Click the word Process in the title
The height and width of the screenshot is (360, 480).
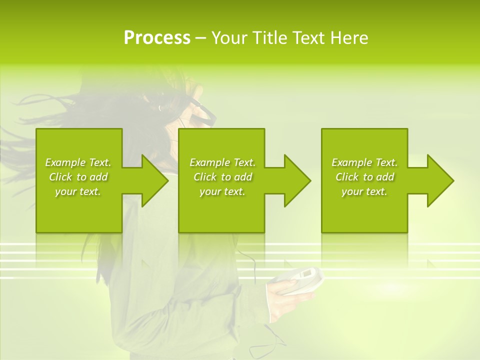[157, 38]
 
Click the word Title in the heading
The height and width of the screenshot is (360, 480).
[268, 38]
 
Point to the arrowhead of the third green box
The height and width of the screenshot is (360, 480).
[439, 180]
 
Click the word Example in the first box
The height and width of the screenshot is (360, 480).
[65, 162]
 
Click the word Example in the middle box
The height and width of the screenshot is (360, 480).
[209, 162]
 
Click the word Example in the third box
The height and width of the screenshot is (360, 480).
[351, 162]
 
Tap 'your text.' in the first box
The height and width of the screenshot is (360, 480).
[78, 191]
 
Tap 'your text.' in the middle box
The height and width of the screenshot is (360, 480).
[222, 191]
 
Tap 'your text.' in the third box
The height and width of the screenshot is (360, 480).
[364, 191]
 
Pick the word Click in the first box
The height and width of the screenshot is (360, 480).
[60, 177]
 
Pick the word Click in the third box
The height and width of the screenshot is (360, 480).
[346, 177]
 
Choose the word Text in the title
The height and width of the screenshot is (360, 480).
[306, 38]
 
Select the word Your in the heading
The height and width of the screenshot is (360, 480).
[229, 38]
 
